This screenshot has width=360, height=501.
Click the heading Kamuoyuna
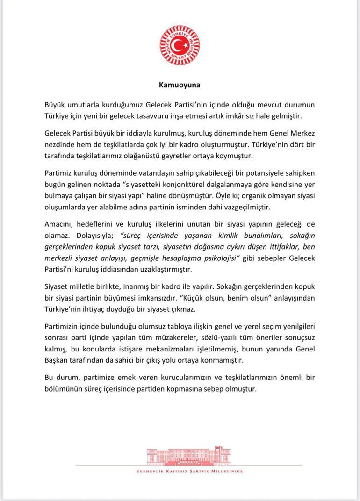(180, 85)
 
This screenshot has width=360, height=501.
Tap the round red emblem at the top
(180, 46)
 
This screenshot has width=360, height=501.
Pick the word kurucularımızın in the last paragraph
(192, 377)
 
